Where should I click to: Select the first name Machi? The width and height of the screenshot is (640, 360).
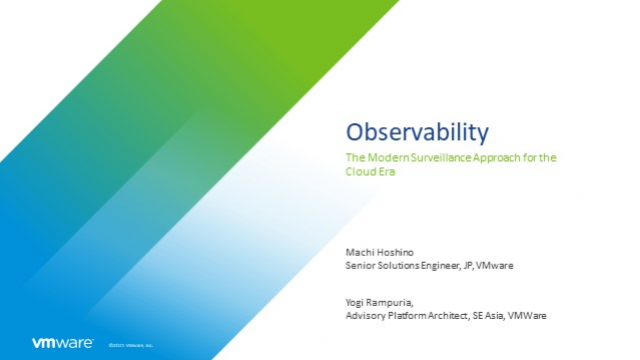(x=359, y=254)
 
